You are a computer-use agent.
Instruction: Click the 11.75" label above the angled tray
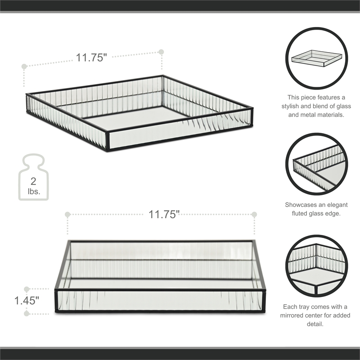point(91,58)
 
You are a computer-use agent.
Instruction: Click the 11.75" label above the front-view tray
point(164,214)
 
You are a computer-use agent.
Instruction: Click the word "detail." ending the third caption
point(317,324)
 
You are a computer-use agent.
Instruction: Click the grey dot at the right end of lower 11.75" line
point(254,214)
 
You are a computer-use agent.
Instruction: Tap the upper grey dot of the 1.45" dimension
point(27,289)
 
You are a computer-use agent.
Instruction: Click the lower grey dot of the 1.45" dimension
point(27,313)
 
